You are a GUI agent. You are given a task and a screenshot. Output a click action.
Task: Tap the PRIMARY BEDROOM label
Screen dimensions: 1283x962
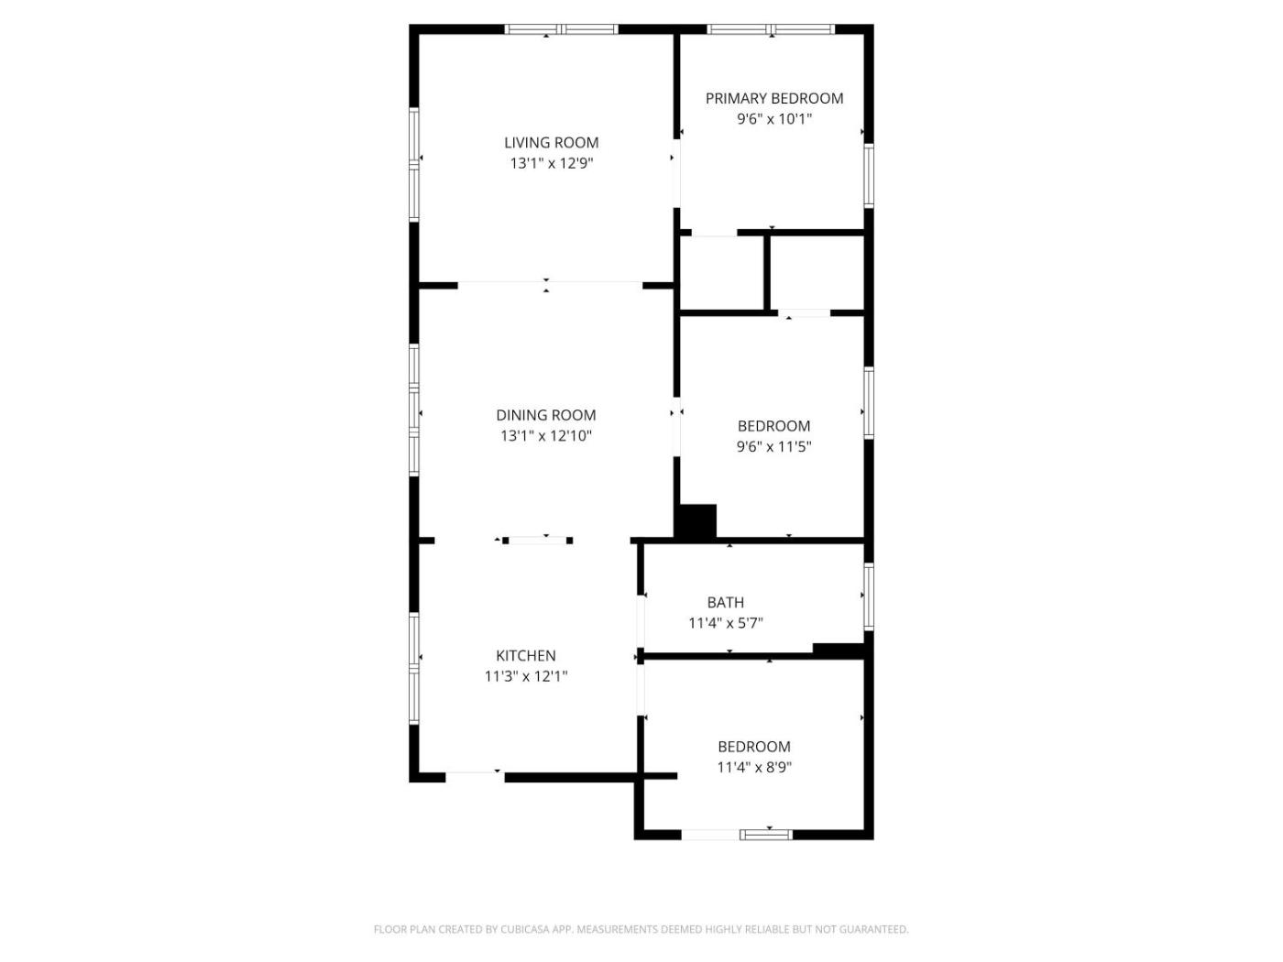[773, 99]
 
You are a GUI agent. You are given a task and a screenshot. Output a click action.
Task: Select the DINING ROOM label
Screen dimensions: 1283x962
[546, 415]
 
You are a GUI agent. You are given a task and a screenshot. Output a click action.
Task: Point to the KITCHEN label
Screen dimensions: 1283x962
[525, 656]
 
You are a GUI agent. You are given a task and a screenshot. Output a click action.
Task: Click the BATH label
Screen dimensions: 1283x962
[726, 602]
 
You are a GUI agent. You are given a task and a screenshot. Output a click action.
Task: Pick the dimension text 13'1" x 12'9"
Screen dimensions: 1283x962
[551, 164]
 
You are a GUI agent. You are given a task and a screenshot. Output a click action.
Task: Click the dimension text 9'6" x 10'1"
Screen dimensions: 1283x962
[773, 120]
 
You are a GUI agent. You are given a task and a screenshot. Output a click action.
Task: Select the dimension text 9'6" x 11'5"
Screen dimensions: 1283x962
[773, 447]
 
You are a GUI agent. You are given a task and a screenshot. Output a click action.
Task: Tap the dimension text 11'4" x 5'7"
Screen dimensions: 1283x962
[726, 623]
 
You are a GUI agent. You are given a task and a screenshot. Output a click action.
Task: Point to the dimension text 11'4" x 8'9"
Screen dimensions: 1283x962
[754, 768]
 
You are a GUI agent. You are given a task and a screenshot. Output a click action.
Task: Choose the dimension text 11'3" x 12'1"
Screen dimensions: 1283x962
[526, 676]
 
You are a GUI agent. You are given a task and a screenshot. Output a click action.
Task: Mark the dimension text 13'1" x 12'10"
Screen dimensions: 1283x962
[546, 436]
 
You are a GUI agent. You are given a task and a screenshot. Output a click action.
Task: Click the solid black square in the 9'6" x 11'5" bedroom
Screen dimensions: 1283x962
[696, 521]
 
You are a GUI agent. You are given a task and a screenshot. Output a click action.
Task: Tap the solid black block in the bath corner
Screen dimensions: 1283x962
[839, 650]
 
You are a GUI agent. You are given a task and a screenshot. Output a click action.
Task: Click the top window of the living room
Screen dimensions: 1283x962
[561, 29]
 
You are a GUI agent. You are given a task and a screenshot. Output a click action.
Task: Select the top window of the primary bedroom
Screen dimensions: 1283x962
[771, 29]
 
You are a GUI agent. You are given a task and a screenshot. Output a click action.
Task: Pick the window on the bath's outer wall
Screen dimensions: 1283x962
[869, 596]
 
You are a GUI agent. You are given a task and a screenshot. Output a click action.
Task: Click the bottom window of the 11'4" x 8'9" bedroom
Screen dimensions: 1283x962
[766, 835]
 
